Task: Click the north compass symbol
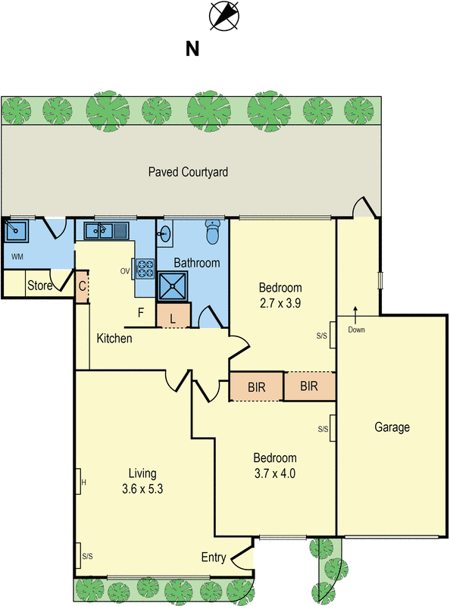pyautogui.click(x=223, y=15)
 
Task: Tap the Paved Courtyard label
pyautogui.click(x=188, y=172)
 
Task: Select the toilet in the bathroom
pyautogui.click(x=212, y=232)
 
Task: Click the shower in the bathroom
pyautogui.click(x=173, y=286)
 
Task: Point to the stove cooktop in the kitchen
pyautogui.click(x=145, y=269)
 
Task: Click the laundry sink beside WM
pyautogui.click(x=16, y=231)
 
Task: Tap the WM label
pyautogui.click(x=17, y=257)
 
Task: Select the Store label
pyautogui.click(x=40, y=286)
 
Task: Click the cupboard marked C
pyautogui.click(x=82, y=286)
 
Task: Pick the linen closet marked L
pyautogui.click(x=173, y=315)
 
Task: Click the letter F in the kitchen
pyautogui.click(x=141, y=312)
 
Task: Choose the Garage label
pyautogui.click(x=392, y=427)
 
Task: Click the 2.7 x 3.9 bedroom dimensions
pyautogui.click(x=280, y=304)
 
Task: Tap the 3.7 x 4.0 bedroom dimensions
pyautogui.click(x=275, y=473)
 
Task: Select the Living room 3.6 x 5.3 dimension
pyautogui.click(x=142, y=489)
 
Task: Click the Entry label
pyautogui.click(x=214, y=558)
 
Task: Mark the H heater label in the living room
pyautogui.click(x=84, y=483)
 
